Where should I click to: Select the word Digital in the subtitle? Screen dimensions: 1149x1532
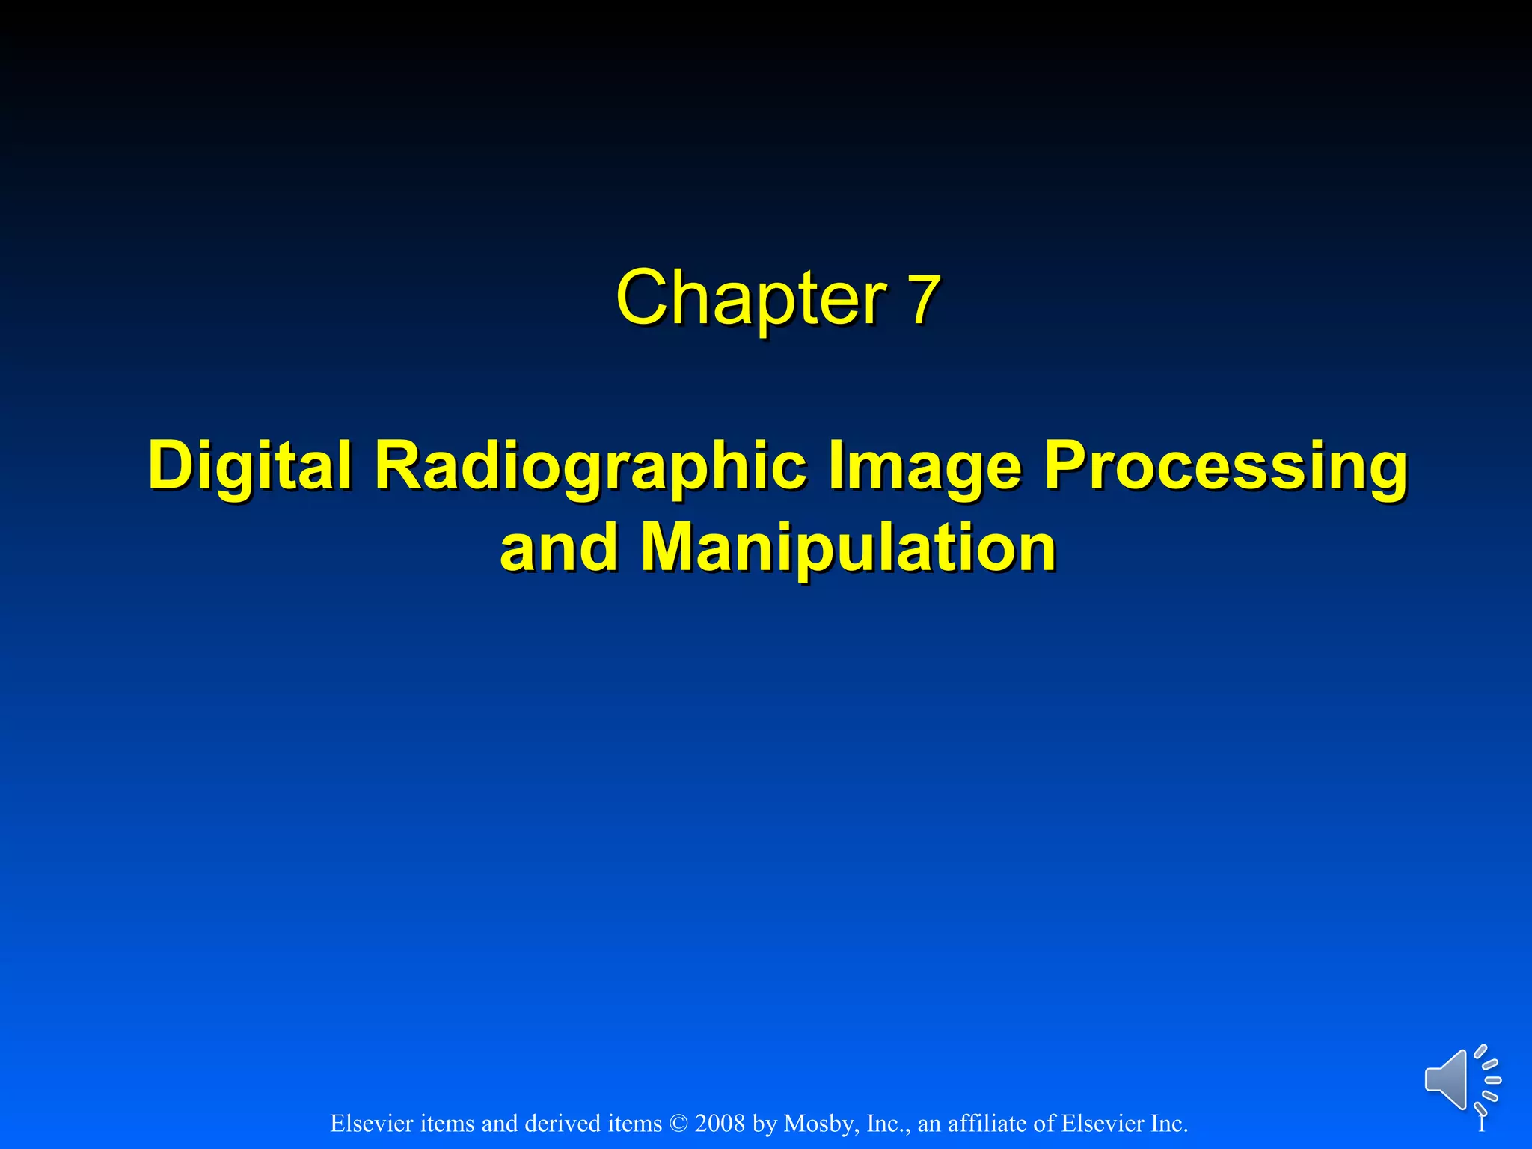250,465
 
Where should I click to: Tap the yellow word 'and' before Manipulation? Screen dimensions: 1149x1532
557,548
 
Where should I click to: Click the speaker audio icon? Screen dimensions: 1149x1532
1462,1079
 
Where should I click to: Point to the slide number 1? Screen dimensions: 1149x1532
1481,1124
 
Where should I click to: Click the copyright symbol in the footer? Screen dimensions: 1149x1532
678,1124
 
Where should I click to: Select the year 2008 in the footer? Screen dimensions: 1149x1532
720,1124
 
